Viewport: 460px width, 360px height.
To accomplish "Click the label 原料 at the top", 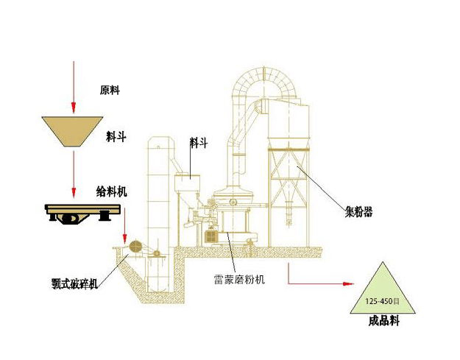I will [x=110, y=91].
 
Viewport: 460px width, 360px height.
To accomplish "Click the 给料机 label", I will [x=112, y=191].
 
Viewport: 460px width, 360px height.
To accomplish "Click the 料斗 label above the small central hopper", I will [x=198, y=144].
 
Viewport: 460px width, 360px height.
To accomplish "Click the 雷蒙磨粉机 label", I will [x=240, y=280].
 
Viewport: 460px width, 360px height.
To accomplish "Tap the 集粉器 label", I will [x=358, y=212].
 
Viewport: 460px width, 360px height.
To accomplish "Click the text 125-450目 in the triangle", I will [x=383, y=302].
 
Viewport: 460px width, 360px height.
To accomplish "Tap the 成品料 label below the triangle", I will [x=383, y=322].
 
